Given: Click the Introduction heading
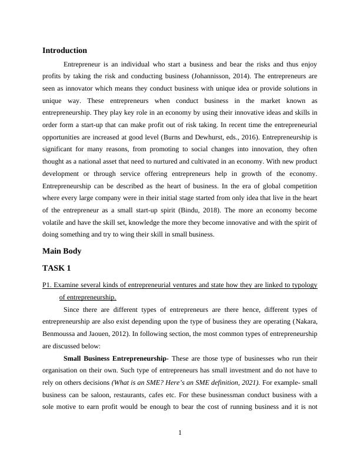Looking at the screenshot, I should click(65, 51).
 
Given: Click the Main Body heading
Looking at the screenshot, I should click(62, 251).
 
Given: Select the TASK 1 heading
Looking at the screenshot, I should click(56, 268).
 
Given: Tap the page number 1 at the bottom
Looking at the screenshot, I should click(180, 433).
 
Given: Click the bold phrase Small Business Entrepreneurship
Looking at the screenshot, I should click(115, 359).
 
